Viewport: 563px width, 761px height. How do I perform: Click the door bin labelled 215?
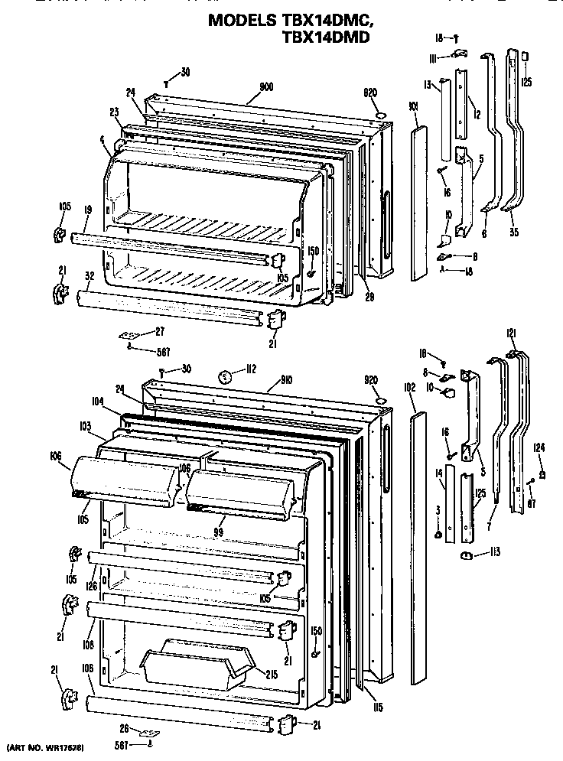coord(197,660)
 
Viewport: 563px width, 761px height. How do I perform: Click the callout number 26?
coord(124,728)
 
